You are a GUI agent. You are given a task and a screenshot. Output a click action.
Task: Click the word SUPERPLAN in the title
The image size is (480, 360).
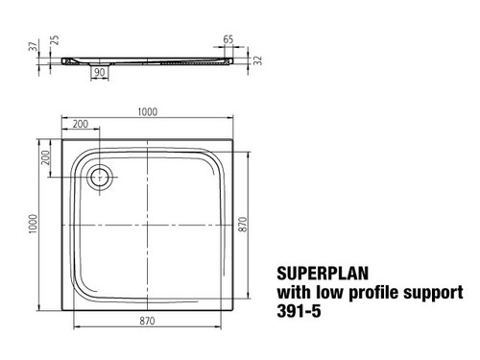click(x=323, y=274)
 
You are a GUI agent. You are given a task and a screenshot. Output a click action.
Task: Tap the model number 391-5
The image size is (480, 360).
click(x=299, y=311)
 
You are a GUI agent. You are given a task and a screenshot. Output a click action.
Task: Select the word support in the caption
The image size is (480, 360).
click(x=433, y=293)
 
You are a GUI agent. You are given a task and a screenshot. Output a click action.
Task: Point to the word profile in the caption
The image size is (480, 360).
click(x=374, y=293)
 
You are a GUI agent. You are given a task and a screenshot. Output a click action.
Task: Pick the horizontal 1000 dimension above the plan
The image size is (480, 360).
click(x=148, y=112)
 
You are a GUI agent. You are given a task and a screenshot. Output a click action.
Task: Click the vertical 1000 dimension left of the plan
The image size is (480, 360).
click(x=33, y=224)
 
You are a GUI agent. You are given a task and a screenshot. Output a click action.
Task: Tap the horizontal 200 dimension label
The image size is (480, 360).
click(x=81, y=124)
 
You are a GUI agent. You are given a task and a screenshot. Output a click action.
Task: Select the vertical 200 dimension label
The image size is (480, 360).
click(x=46, y=157)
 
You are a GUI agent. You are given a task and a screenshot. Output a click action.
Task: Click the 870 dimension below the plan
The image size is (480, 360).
click(x=147, y=321)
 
